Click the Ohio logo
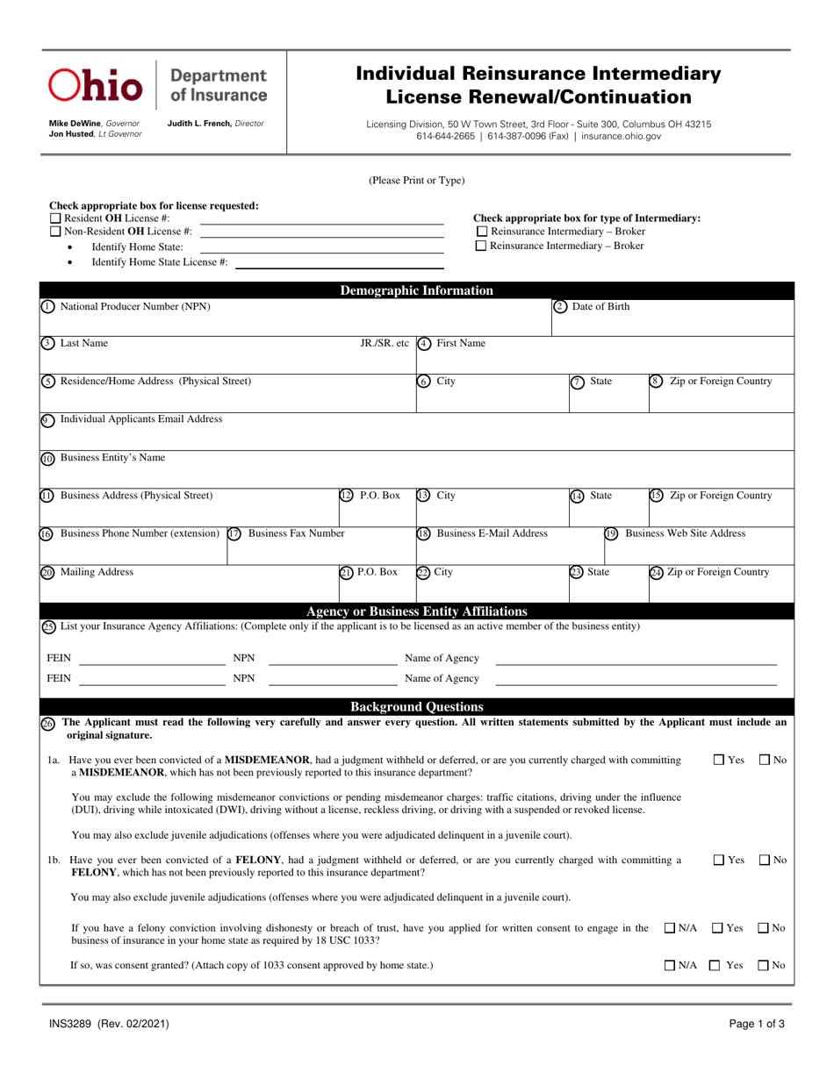click(96, 85)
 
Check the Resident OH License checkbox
click(55, 218)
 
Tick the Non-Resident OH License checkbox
click(55, 232)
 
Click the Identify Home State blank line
click(322, 249)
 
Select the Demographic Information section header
click(416, 291)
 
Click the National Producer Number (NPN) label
click(134, 306)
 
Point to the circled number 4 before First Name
click(423, 344)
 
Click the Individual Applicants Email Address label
click(140, 419)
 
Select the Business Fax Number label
click(297, 532)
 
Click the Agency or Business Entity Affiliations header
click(416, 611)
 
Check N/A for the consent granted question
click(670, 966)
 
